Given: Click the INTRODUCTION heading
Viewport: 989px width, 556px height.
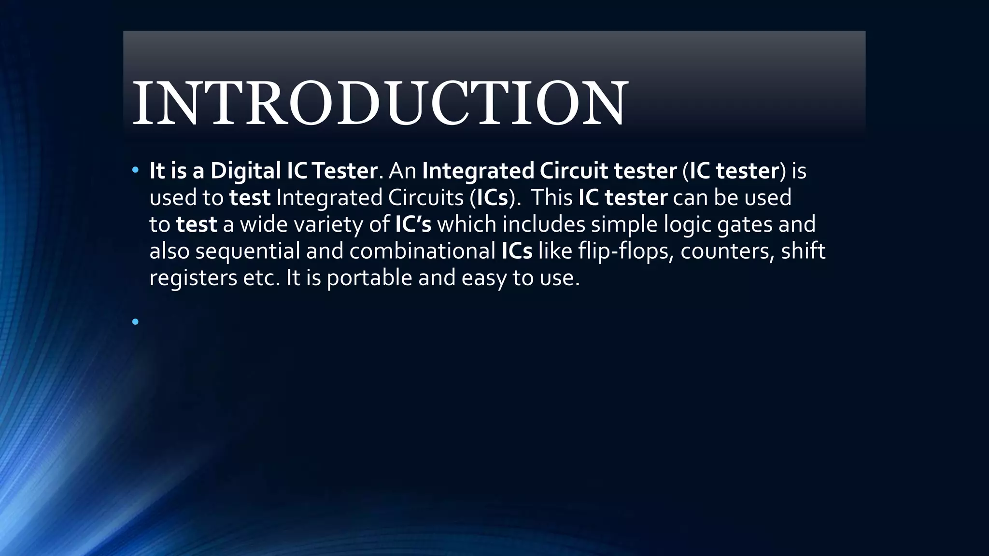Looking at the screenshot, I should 380,103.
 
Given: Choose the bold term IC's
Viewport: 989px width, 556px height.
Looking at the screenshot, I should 413,224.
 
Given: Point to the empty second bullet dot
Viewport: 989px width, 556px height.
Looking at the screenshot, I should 135,321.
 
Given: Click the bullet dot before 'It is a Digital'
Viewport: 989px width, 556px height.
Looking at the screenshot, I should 135,170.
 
